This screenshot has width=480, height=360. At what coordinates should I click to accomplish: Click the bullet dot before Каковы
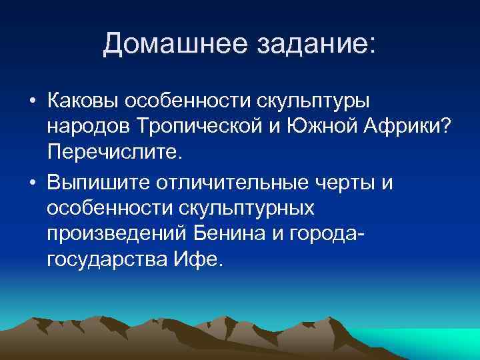click(x=31, y=102)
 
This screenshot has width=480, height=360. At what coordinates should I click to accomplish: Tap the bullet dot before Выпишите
click(x=31, y=182)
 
